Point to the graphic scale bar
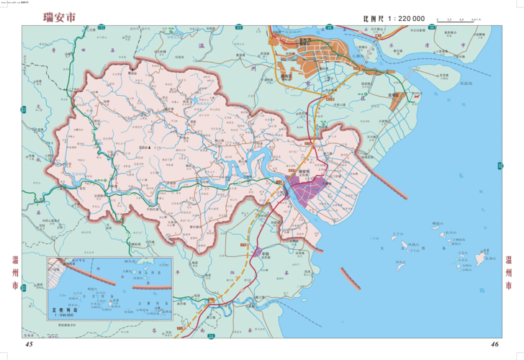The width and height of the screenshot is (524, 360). click(x=458, y=18)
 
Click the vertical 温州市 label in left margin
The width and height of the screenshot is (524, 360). click(x=15, y=273)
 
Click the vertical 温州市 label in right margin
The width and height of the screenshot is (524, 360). click(x=510, y=273)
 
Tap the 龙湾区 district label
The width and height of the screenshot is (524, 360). click(x=394, y=94)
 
